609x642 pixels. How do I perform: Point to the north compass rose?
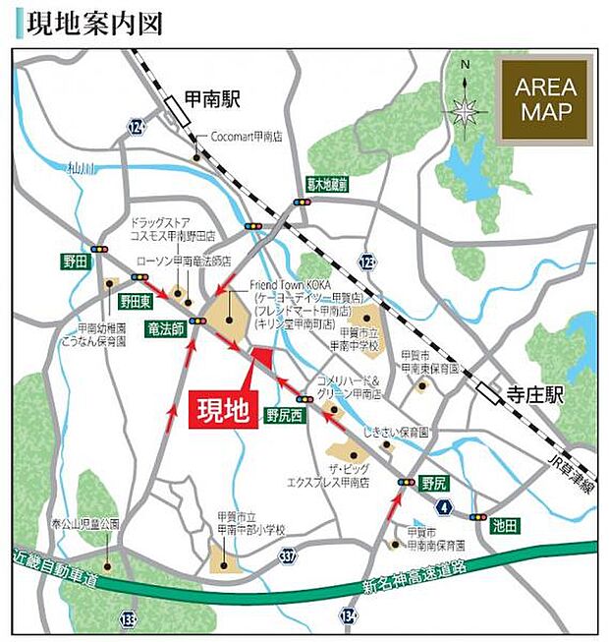coord(465,108)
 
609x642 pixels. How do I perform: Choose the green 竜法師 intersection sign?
coord(167,327)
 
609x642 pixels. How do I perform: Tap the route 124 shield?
coord(137,127)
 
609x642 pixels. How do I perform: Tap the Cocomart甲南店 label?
coord(240,138)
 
